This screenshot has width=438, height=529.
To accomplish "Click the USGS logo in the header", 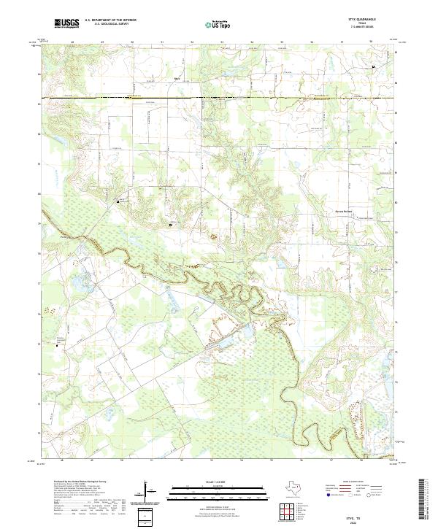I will coord(66,24).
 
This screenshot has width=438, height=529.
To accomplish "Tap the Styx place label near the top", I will coord(176,79).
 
